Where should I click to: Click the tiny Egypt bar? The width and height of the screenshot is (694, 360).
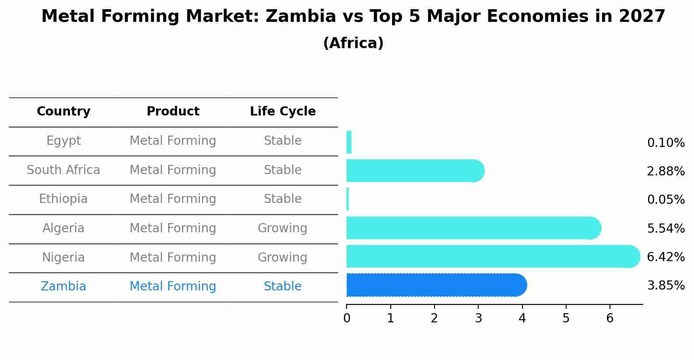pyautogui.click(x=349, y=142)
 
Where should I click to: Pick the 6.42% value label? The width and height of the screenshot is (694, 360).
pyautogui.click(x=666, y=257)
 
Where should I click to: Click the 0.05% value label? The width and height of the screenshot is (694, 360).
pyautogui.click(x=666, y=200)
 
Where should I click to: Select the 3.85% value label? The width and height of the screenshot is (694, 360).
pyautogui.click(x=666, y=286)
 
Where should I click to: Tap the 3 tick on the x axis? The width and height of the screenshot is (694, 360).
pyautogui.click(x=478, y=318)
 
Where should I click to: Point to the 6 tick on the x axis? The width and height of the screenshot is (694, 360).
pyautogui.click(x=610, y=318)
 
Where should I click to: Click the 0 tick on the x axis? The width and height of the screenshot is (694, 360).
pyautogui.click(x=347, y=318)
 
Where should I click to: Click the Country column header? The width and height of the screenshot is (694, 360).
pyautogui.click(x=63, y=112)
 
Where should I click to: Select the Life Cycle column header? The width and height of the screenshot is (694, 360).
pyautogui.click(x=283, y=112)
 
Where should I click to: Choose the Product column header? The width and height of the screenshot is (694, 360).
pyautogui.click(x=173, y=112)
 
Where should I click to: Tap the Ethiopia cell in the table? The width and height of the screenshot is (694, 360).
pyautogui.click(x=63, y=199)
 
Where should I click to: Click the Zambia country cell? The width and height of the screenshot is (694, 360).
pyautogui.click(x=63, y=287)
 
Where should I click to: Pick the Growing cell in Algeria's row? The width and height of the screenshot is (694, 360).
pyautogui.click(x=283, y=228)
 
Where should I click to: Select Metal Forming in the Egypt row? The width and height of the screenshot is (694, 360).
pyautogui.click(x=173, y=141)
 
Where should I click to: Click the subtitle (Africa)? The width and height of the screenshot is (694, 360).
pyautogui.click(x=353, y=43)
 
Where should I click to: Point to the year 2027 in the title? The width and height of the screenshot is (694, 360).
pyautogui.click(x=642, y=17)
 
